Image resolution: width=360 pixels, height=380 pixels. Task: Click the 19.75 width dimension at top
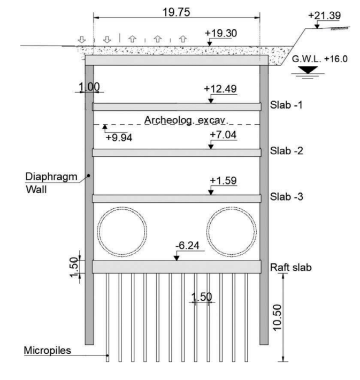(x=176, y=12)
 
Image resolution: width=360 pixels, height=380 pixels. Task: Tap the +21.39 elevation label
(x=324, y=16)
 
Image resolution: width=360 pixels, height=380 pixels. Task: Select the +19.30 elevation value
(x=221, y=33)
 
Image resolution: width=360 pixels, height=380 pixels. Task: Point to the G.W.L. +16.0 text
(x=319, y=59)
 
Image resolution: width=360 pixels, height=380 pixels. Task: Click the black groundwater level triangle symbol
(x=308, y=70)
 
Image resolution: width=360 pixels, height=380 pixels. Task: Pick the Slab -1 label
(x=286, y=105)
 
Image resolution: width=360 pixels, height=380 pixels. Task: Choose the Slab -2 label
(x=286, y=151)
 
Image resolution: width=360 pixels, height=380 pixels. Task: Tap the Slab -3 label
(x=286, y=196)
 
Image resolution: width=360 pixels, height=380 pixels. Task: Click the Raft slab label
(x=290, y=267)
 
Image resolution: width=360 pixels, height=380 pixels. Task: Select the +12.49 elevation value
(x=220, y=89)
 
